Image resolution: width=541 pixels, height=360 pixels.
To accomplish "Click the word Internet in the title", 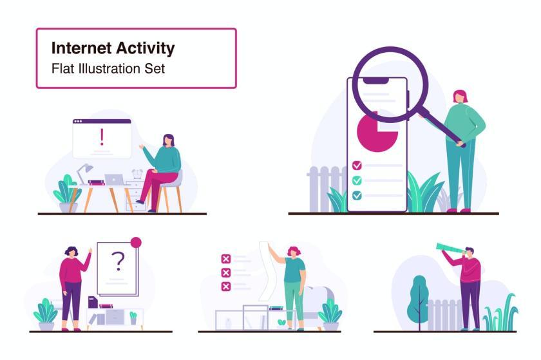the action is (81, 48).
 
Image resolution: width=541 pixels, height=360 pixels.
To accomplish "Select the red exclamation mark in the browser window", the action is (102, 137).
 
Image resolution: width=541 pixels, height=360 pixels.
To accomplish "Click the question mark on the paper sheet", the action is (118, 261).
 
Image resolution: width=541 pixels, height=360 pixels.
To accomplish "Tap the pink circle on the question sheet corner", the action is (136, 242).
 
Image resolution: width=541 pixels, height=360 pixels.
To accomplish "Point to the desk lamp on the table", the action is (84, 174).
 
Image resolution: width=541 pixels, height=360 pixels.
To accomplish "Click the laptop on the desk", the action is (115, 180).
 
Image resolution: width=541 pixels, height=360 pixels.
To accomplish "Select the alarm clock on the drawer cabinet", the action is (137, 174).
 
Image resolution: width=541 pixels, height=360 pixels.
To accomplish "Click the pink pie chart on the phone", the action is (376, 133).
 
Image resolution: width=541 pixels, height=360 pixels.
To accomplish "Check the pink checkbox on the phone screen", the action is (357, 166).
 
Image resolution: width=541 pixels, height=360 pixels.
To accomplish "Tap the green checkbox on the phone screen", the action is (357, 180).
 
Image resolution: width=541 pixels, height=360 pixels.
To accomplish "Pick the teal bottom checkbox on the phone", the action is (357, 196).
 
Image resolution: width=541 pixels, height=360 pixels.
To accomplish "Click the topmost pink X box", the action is (226, 259).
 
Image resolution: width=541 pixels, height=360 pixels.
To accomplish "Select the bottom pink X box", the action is (226, 287).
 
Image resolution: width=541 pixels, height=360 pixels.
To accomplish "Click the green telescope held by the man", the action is (450, 249).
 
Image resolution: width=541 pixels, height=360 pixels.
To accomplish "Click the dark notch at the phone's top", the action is (375, 81).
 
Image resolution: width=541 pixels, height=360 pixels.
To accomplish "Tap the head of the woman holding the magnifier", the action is (460, 97).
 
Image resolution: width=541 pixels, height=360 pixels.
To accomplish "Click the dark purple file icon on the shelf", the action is (93, 302).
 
